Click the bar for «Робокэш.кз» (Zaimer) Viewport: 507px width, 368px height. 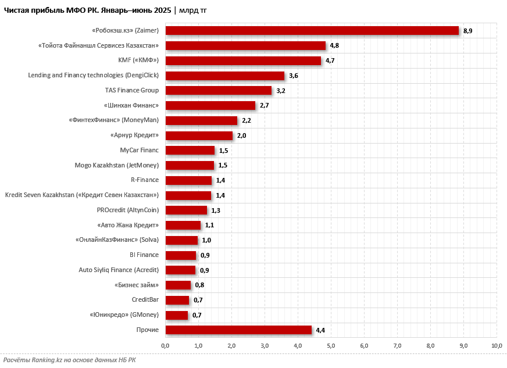tap(312, 31)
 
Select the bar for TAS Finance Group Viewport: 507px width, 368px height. tap(219, 91)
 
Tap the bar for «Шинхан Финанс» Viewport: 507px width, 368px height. tap(210, 105)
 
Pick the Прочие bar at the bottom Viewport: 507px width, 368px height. tap(238, 330)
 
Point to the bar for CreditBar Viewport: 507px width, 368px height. tap(177, 300)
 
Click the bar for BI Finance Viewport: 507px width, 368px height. tap(181, 255)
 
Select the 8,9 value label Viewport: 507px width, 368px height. tap(467, 31)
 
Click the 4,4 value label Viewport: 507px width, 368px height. tap(320, 330)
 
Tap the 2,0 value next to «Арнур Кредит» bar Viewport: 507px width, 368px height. tap(241, 135)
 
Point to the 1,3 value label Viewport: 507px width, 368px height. tap(216, 210)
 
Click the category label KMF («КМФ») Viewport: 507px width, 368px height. tap(138, 60)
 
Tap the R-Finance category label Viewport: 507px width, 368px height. tap(144, 180)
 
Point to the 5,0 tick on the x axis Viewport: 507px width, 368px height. tap(331, 346)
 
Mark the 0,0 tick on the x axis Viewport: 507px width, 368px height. tap(165, 346)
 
